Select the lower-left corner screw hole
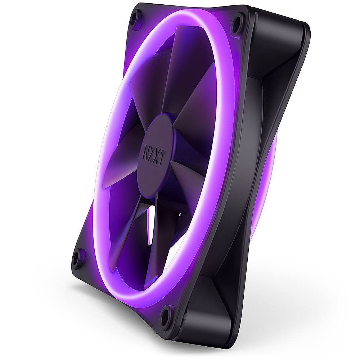[x=77, y=258]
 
